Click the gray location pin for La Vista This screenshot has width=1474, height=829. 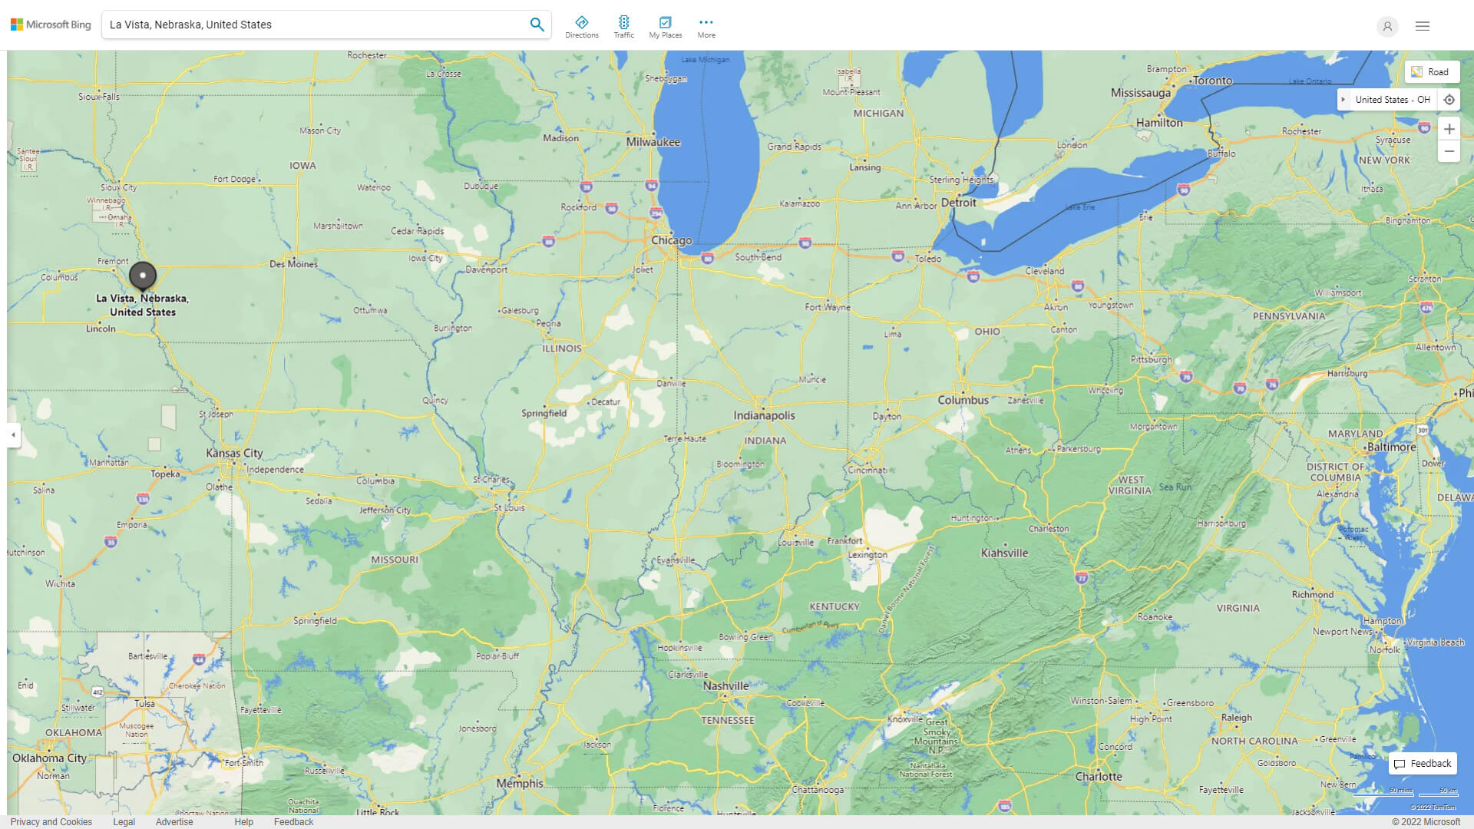(x=143, y=276)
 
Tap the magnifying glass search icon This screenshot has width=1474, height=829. (x=537, y=25)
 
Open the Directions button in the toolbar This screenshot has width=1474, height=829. (x=582, y=27)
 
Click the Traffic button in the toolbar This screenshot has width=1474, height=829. (x=623, y=27)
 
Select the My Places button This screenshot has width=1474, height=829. (x=665, y=27)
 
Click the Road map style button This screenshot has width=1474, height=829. (x=1431, y=72)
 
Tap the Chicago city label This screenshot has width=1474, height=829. (x=671, y=240)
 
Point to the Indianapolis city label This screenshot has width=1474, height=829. (x=764, y=415)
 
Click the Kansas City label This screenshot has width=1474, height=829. (x=234, y=453)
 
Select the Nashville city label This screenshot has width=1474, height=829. (x=725, y=685)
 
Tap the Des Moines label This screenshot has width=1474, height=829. (x=293, y=264)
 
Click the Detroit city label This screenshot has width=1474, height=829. (x=958, y=203)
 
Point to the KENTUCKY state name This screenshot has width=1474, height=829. (x=834, y=606)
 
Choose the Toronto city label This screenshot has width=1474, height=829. (x=1212, y=81)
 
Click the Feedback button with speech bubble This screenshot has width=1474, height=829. (x=1423, y=763)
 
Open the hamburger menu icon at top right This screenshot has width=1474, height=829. (x=1423, y=26)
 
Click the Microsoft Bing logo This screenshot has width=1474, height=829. (x=51, y=25)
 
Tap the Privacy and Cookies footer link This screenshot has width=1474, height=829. (x=51, y=821)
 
